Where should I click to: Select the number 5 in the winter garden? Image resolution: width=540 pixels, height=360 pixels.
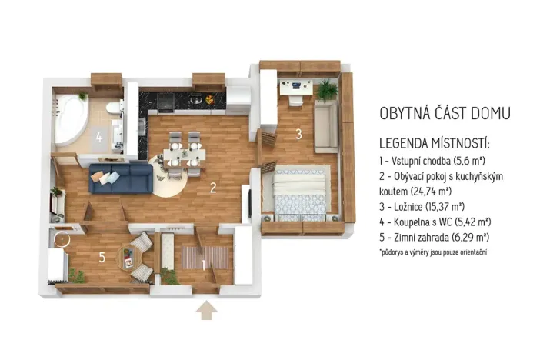tap(102, 256)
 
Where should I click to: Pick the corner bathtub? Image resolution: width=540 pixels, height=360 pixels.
tap(73, 120)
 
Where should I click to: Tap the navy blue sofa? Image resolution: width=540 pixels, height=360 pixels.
tap(121, 177)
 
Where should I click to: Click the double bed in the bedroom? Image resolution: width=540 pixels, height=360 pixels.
tap(302, 192)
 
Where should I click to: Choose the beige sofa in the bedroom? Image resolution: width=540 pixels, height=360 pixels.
tap(326, 125)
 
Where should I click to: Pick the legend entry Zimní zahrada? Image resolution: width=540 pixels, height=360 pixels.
tap(435, 238)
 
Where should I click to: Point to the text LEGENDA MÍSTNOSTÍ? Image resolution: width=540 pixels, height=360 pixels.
tap(435, 145)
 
